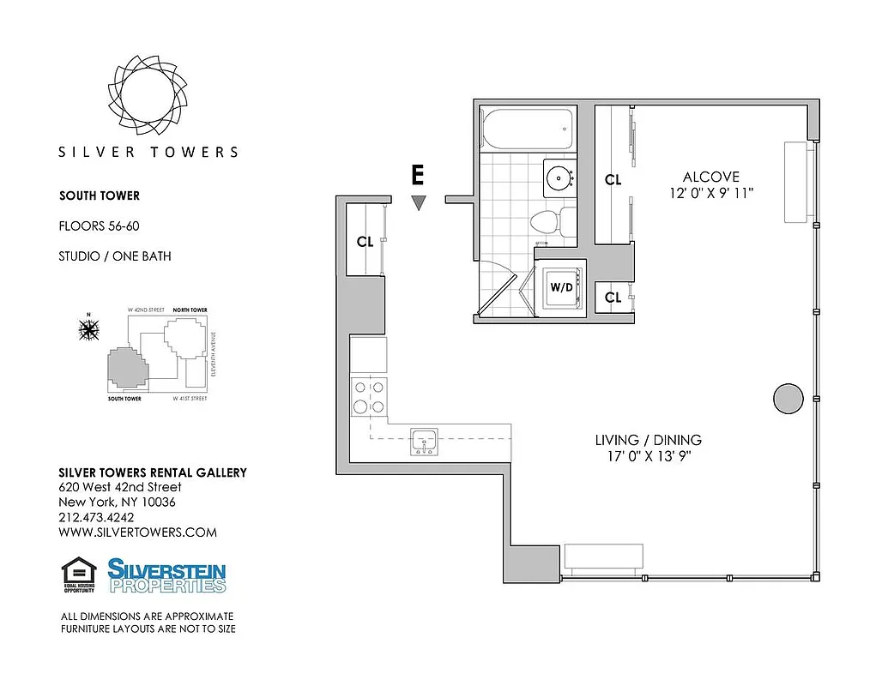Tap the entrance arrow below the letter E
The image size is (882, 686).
(x=418, y=203)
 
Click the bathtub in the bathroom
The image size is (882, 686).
(x=526, y=129)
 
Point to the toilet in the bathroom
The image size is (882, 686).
(x=547, y=223)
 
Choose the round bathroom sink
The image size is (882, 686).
(x=561, y=178)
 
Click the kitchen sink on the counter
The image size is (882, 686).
(x=425, y=441)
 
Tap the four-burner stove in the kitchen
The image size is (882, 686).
(x=369, y=397)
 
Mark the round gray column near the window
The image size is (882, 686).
(x=788, y=397)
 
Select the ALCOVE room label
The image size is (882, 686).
(x=712, y=178)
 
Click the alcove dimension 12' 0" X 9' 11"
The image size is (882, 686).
(x=712, y=194)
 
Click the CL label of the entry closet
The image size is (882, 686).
(x=365, y=241)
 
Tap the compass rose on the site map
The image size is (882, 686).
(x=88, y=328)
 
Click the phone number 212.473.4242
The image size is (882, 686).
(x=96, y=517)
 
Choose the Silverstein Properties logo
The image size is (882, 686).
(x=166, y=575)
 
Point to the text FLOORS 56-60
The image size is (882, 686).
(x=98, y=226)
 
